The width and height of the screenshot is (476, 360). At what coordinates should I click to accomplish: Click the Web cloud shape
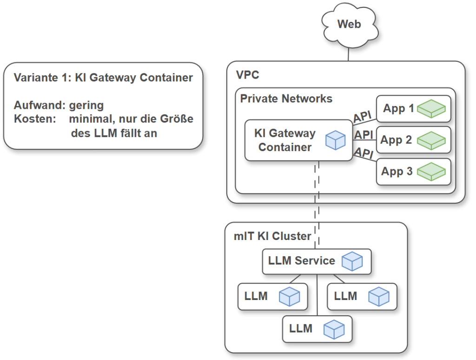click(x=349, y=25)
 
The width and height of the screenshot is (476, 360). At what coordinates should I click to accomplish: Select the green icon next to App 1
click(x=431, y=108)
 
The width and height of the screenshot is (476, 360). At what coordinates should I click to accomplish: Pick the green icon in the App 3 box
click(x=431, y=171)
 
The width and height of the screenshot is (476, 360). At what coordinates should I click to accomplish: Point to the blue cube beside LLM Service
click(x=352, y=261)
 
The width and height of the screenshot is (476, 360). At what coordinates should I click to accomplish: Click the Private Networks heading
click(x=286, y=99)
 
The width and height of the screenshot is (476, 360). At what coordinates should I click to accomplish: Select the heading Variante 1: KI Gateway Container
click(x=103, y=78)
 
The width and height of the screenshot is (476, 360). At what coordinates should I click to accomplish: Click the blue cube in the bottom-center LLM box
click(x=334, y=329)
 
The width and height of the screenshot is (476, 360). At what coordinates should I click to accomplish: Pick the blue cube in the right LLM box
click(x=378, y=296)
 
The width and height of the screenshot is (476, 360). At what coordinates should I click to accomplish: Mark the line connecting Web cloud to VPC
click(x=349, y=53)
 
